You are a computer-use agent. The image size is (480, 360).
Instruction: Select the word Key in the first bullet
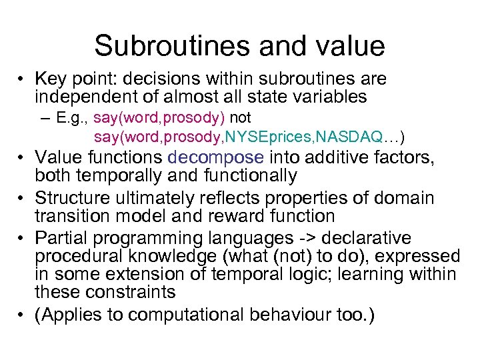click(50, 79)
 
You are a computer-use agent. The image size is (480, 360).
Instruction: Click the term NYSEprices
click(269, 137)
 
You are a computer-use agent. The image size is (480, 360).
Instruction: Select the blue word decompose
click(216, 157)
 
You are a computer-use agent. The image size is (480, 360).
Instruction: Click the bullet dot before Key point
click(23, 79)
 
